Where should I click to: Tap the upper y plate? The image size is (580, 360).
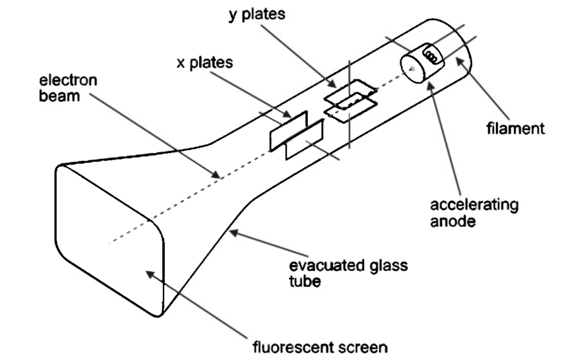pyautogui.click(x=349, y=94)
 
